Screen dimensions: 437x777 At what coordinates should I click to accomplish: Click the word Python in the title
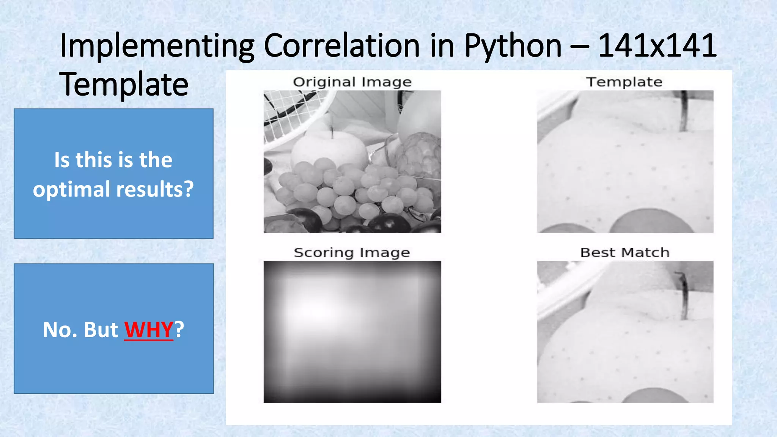[513, 46]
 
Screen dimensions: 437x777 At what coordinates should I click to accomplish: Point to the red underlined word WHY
[149, 329]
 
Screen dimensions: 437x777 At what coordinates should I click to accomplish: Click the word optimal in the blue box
[72, 189]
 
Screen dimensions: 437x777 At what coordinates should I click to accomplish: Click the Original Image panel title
[352, 82]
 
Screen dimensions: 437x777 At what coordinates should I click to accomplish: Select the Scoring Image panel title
[352, 253]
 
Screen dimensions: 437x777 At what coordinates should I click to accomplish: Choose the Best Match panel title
[624, 253]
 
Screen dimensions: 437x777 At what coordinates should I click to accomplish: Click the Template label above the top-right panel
[624, 82]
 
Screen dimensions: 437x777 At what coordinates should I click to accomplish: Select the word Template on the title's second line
[124, 84]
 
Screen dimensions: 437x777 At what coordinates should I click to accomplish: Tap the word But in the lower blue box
[101, 329]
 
